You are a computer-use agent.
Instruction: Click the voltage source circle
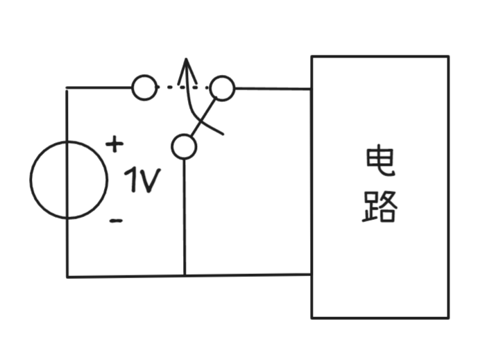pos(69,180)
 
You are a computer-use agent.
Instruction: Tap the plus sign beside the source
pos(114,145)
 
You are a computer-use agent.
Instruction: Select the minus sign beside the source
pos(117,221)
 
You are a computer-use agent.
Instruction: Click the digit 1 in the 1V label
pos(133,181)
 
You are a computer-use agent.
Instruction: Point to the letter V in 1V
pos(151,182)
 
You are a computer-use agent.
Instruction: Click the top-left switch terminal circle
pos(144,88)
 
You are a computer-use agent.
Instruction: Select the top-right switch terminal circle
pos(223,88)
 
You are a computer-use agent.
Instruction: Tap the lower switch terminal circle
pos(184,147)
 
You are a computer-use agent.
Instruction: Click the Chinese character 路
pos(380,206)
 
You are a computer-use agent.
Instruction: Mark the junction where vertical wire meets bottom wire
pos(185,275)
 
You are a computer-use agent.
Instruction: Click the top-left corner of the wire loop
pos(67,88)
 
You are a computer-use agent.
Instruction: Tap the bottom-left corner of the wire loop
pos(67,276)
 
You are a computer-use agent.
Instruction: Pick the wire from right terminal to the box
pos(273,89)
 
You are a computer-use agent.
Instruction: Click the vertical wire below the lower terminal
pos(185,215)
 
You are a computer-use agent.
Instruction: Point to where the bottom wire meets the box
pos(311,275)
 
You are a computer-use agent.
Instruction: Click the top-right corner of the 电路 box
pos(448,57)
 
